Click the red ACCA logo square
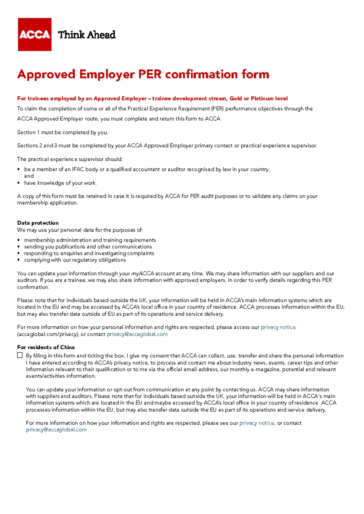pos(35,35)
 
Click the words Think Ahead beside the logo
pos(87,35)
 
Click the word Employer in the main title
pos(107,74)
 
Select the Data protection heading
pos(38,223)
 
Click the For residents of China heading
pos(46,347)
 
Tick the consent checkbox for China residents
pos(20,355)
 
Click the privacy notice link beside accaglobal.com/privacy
pos(278,327)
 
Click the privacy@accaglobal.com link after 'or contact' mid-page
pos(137,334)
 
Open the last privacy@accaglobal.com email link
pos(56,430)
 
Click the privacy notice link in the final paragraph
pos(257,423)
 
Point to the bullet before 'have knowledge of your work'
pos(19,183)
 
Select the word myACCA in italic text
pos(143,274)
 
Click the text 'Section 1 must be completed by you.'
pos(62,132)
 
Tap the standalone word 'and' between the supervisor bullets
pos(29,176)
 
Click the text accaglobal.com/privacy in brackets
pos(48,334)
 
